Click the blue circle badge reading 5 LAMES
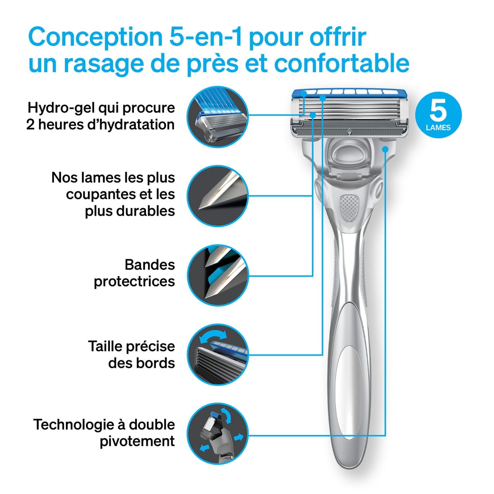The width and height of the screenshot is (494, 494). click(438, 115)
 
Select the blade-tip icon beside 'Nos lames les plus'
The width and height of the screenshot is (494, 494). click(218, 196)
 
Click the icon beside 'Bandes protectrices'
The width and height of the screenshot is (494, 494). click(218, 275)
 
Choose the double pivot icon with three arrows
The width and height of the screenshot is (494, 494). click(218, 435)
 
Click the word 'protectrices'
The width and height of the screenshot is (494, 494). click(134, 282)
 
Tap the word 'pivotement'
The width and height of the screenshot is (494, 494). click(137, 441)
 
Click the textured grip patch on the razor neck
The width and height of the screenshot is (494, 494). click(349, 207)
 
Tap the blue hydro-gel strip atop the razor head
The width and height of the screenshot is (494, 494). click(349, 93)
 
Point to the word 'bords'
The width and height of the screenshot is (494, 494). click(158, 363)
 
